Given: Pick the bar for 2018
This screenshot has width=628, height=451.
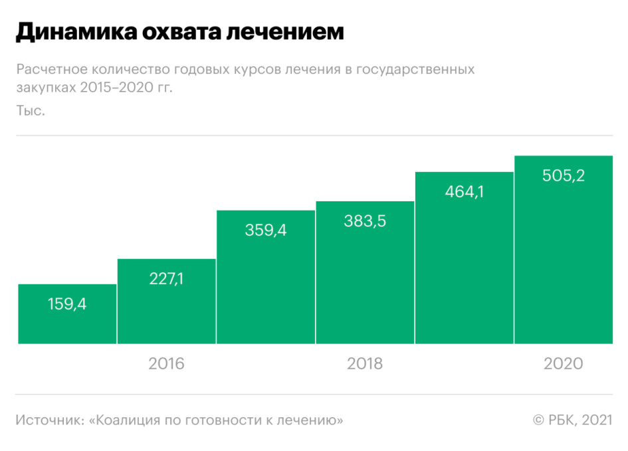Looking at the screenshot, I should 365,272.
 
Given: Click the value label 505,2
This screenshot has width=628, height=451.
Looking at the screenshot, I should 564,177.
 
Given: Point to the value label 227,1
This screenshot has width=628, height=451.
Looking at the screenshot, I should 167,279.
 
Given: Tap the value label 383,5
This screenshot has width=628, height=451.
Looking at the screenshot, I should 365,222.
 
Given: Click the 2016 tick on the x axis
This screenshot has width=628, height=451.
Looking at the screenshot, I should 167,364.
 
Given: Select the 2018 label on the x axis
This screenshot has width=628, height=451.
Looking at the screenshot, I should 365,364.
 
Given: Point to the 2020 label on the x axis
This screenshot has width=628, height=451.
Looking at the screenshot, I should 564,364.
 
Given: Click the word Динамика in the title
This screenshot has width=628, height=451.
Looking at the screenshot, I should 63,32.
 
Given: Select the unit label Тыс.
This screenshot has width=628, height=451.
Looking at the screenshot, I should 31,111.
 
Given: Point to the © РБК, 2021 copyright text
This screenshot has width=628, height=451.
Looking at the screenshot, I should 572,420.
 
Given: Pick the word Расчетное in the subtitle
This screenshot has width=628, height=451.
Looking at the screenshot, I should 49,70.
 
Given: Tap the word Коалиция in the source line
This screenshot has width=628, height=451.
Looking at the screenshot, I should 130,420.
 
